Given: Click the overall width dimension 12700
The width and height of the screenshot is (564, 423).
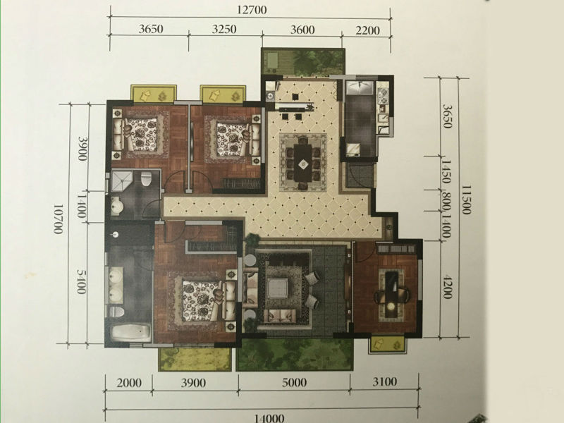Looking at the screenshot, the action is [x=252, y=10].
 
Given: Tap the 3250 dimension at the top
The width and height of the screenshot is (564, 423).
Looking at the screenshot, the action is [x=224, y=29].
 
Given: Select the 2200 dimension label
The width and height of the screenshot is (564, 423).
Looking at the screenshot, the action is [x=367, y=30].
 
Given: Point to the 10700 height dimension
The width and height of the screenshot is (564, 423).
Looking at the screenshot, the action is [x=59, y=219].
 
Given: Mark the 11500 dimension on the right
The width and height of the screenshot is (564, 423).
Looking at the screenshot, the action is [x=466, y=200].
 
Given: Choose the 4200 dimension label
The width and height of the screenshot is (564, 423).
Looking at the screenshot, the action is [x=447, y=287].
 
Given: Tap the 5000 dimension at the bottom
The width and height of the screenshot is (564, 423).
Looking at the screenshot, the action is [x=294, y=382].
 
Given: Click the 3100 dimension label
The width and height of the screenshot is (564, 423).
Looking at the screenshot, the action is [x=384, y=381].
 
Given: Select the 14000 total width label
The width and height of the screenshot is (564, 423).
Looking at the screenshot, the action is [x=269, y=418].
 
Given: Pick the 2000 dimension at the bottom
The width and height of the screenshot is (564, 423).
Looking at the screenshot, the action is [x=129, y=383].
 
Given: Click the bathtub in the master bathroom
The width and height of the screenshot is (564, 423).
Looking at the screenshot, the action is [x=130, y=332].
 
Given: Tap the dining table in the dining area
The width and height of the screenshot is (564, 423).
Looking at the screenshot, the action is [x=304, y=163].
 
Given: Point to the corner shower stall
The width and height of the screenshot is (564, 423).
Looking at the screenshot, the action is [x=121, y=181].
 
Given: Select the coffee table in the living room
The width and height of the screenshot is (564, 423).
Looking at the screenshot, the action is [x=278, y=288].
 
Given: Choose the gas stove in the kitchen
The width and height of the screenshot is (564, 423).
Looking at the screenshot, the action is [x=382, y=95].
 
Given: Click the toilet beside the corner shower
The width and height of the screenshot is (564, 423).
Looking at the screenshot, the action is [x=146, y=179].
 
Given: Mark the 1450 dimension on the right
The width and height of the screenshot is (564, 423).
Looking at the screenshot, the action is [x=446, y=172].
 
